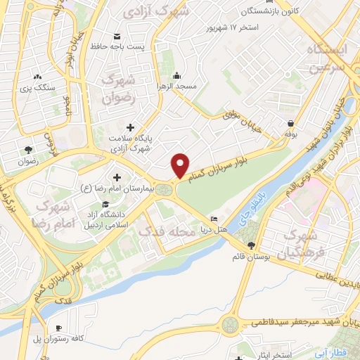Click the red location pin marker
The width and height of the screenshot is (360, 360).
[x=181, y=165]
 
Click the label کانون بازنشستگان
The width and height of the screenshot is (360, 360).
[x=251, y=11]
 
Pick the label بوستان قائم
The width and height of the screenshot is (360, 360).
[x=252, y=257]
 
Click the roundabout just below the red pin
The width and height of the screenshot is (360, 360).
[x=165, y=188]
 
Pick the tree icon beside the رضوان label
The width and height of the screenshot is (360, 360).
[x=28, y=150]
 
